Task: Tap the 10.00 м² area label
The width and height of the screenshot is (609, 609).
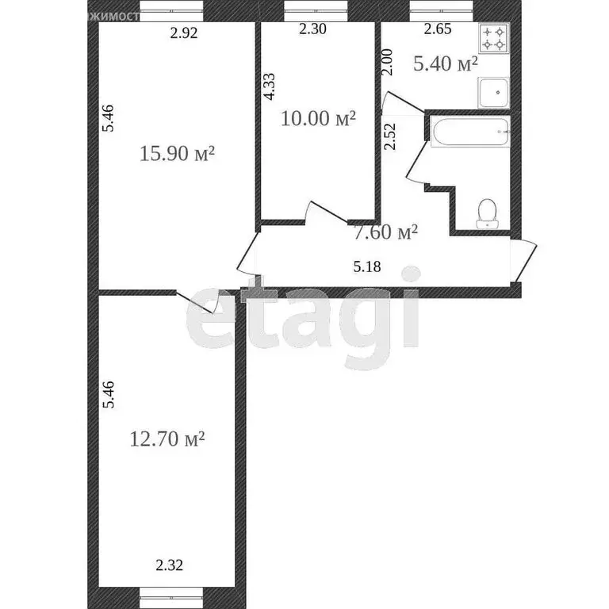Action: (x=318, y=119)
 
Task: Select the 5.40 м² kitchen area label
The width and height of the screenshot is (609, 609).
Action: (x=445, y=63)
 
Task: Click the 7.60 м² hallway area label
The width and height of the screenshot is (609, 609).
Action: (x=385, y=233)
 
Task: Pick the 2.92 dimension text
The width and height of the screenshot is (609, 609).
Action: (x=184, y=33)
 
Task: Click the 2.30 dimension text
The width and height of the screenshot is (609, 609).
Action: (x=312, y=31)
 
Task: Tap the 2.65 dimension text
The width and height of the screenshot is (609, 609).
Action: (x=438, y=31)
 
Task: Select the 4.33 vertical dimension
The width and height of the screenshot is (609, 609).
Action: (x=269, y=86)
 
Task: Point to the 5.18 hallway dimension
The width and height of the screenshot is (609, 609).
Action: (x=367, y=266)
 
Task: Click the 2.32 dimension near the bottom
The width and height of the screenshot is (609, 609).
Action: (x=167, y=565)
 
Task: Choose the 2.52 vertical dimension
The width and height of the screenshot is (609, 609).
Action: (x=389, y=136)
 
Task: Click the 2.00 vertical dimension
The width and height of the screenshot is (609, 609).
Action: (x=387, y=61)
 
